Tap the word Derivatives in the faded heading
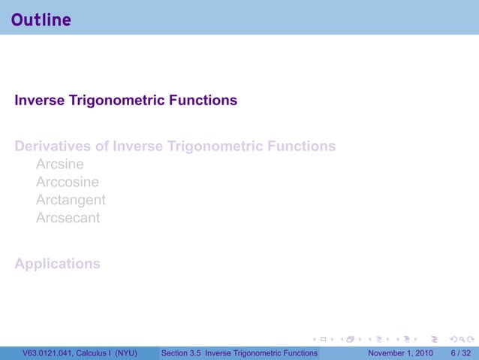click(52, 146)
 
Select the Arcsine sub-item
click(60, 164)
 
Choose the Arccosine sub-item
click(68, 182)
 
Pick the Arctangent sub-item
click(71, 200)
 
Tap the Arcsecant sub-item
click(68, 218)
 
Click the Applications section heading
click(57, 264)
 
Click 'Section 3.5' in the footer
click(182, 353)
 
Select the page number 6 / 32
click(461, 353)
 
